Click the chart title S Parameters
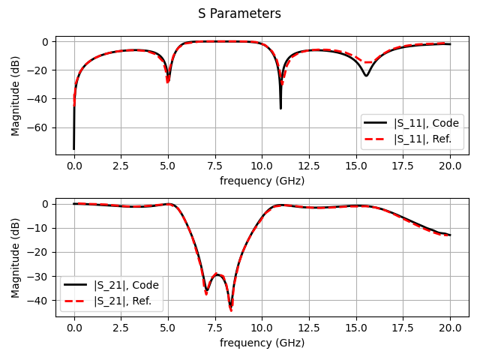point(239,13)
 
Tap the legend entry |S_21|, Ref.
point(122,301)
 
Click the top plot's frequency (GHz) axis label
point(262,181)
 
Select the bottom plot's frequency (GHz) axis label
point(262,343)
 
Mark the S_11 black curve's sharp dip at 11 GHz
point(280,107)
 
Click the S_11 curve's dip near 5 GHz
point(168,79)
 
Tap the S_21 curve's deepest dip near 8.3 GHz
point(231,307)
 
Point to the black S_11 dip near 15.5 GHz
point(366,76)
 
